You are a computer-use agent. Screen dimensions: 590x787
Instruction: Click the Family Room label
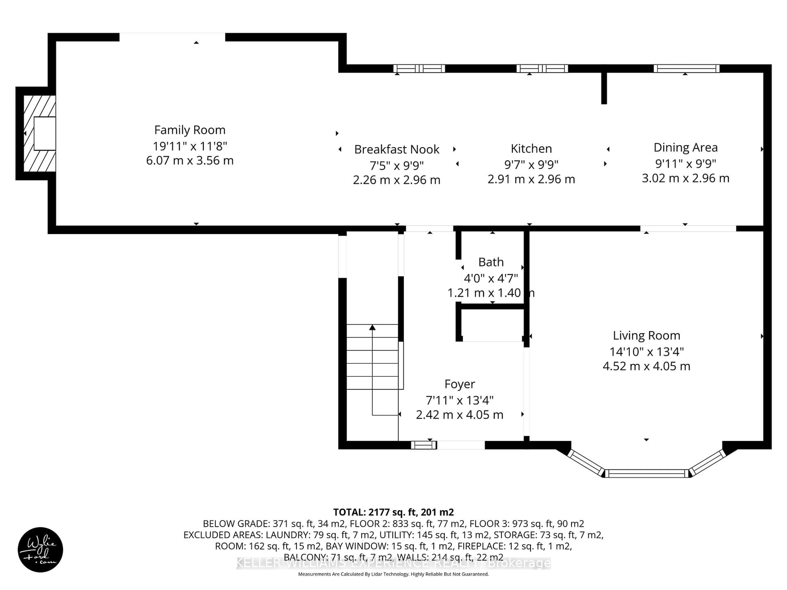(190, 130)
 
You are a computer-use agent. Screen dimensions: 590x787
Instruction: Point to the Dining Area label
(685, 147)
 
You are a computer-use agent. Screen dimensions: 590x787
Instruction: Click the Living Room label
(646, 335)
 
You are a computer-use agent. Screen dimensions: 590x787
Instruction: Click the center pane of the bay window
(646, 473)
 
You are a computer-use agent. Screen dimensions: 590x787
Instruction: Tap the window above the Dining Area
(686, 69)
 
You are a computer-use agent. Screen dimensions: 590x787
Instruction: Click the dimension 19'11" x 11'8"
(190, 146)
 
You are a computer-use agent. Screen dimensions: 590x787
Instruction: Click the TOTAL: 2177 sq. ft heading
(393, 512)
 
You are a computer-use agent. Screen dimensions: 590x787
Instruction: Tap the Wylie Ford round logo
(40, 549)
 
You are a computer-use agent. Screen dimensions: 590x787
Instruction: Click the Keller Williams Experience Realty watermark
(393, 563)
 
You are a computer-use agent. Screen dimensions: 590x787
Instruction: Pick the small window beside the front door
(423, 445)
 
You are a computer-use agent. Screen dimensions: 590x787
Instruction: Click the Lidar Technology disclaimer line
(393, 574)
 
